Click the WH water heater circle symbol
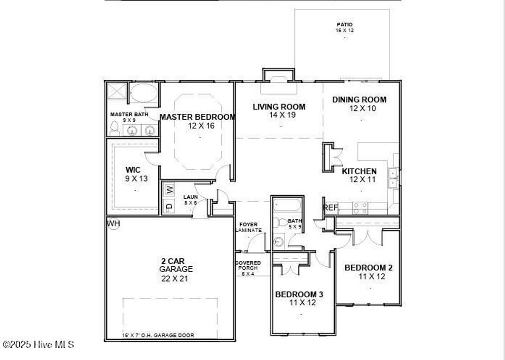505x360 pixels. click(114, 224)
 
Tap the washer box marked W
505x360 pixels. click(169, 189)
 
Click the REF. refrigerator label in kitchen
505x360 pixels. click(331, 208)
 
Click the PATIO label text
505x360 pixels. click(345, 24)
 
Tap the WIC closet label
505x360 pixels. click(133, 170)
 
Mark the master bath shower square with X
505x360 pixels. click(118, 92)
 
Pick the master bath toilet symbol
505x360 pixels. click(115, 129)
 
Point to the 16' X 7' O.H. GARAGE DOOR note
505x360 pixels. click(158, 335)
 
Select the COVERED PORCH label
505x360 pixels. click(248, 265)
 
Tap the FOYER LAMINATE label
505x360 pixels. click(249, 227)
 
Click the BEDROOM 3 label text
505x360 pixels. click(299, 294)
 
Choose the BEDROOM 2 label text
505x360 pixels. click(368, 268)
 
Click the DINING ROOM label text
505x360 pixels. click(359, 100)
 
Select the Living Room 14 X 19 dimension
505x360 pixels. click(279, 115)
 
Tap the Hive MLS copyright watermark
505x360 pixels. click(38, 345)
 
